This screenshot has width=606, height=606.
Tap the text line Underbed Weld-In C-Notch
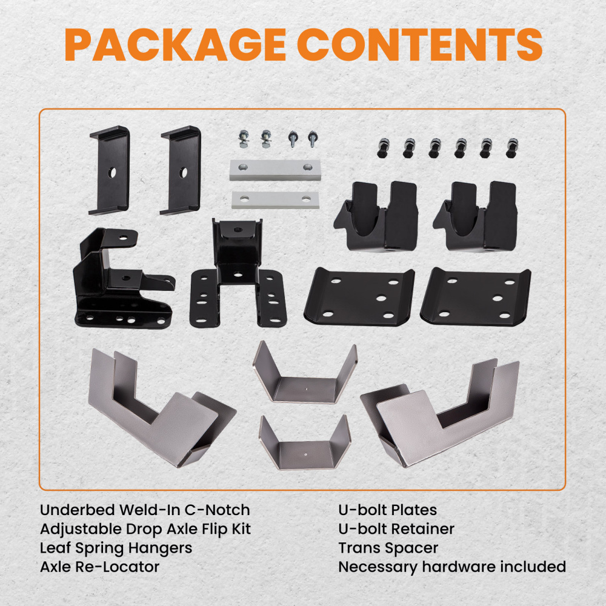(x=145, y=510)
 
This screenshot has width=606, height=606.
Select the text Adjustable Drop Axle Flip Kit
(x=145, y=529)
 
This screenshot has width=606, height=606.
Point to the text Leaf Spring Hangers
(x=116, y=548)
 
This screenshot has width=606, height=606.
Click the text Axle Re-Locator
(x=100, y=567)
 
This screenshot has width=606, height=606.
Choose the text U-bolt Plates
(x=387, y=510)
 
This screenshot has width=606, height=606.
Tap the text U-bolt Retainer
(x=396, y=529)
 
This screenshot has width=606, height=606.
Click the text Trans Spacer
(x=388, y=548)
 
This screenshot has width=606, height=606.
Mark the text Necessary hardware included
(x=451, y=567)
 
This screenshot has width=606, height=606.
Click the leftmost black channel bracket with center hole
(x=109, y=171)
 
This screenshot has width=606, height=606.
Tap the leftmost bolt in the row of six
(x=382, y=148)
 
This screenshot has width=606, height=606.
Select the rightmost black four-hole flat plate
(x=476, y=297)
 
